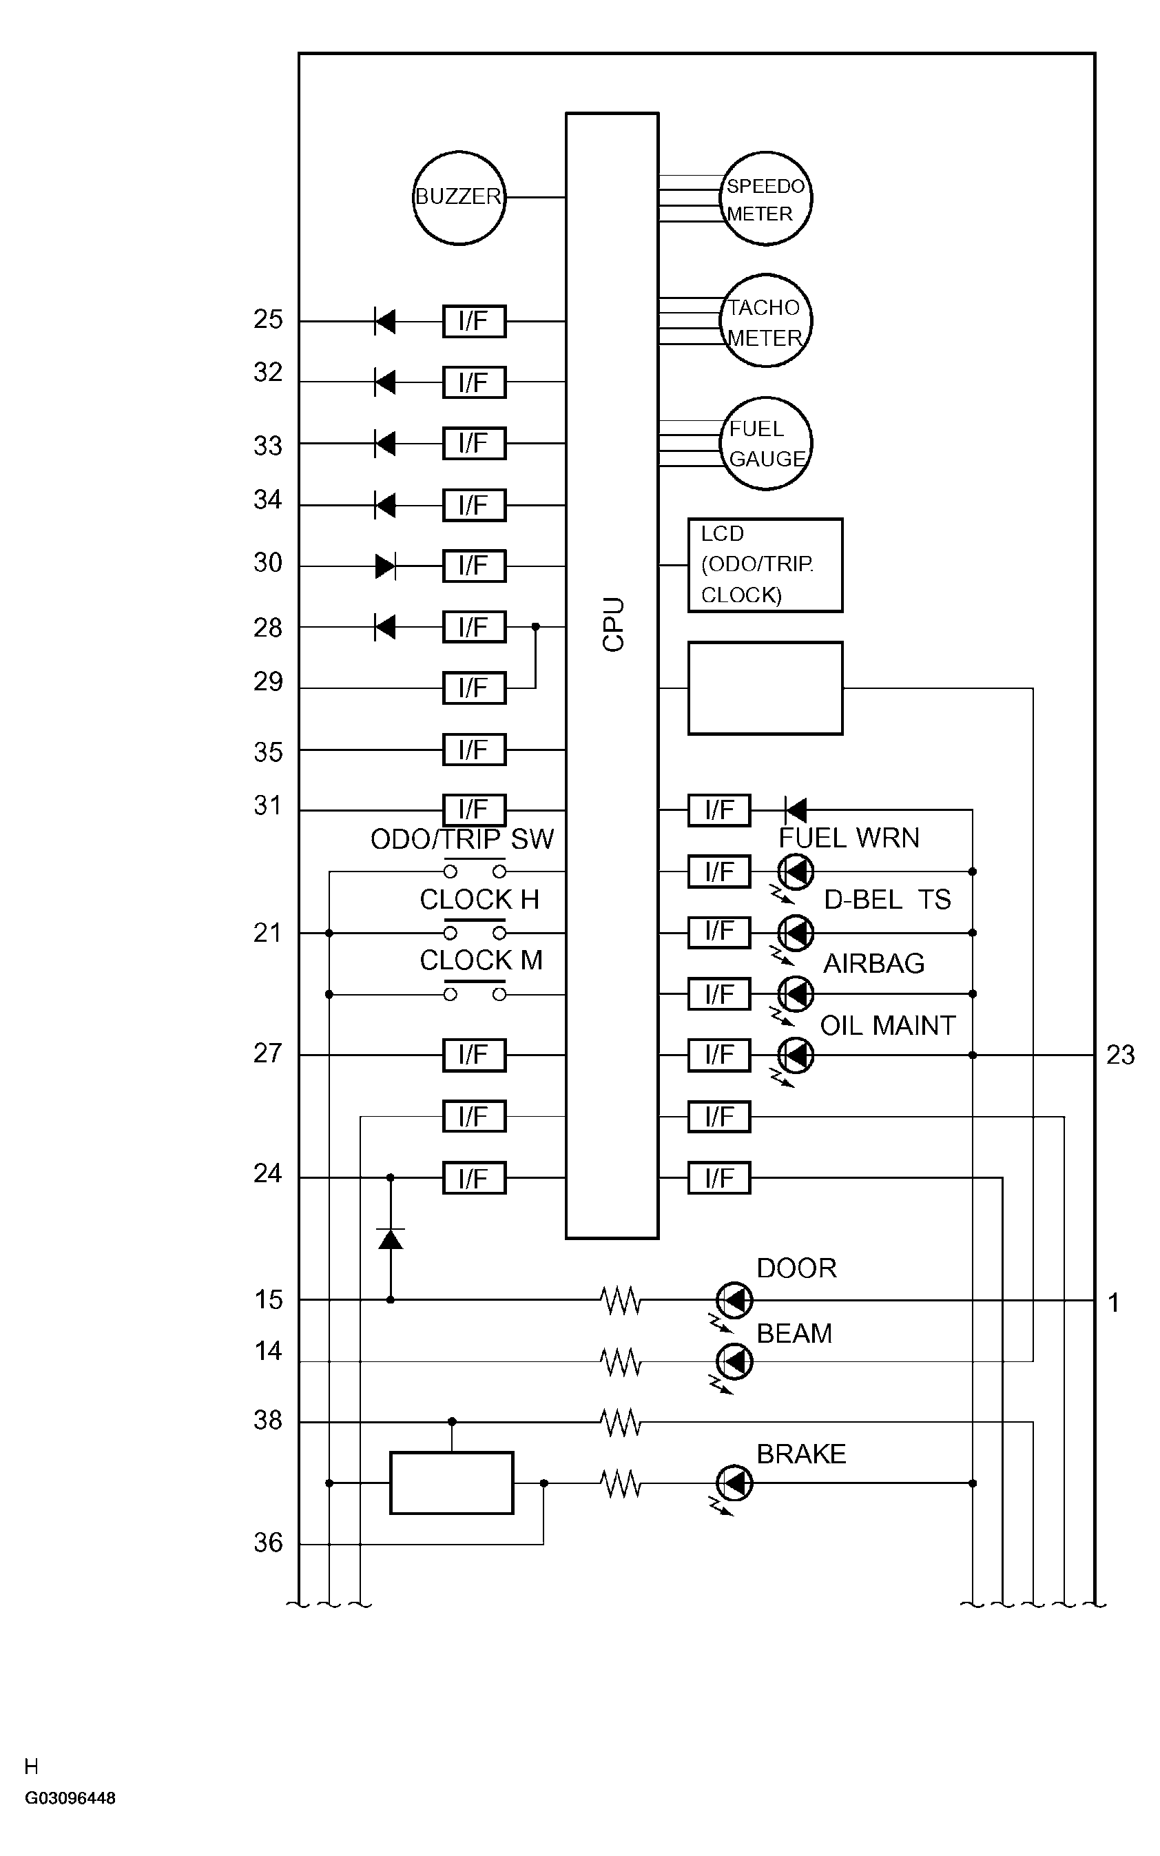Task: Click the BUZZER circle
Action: click(459, 198)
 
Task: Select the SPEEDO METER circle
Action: click(766, 198)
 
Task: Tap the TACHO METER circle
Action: click(766, 321)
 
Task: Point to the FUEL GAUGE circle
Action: click(766, 444)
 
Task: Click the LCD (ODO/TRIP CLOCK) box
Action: click(765, 566)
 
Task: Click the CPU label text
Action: click(613, 625)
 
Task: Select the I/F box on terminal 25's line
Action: click(474, 321)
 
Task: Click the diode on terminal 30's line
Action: click(385, 567)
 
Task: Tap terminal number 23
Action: click(1120, 1055)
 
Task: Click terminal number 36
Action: click(268, 1543)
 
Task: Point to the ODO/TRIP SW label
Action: click(462, 839)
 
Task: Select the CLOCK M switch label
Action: click(481, 960)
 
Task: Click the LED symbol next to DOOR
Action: click(735, 1301)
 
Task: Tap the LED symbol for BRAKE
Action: click(735, 1483)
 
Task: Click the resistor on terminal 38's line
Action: click(621, 1422)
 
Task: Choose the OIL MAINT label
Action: click(888, 1026)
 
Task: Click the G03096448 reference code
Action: click(70, 1798)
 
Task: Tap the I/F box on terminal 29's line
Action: click(474, 688)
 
